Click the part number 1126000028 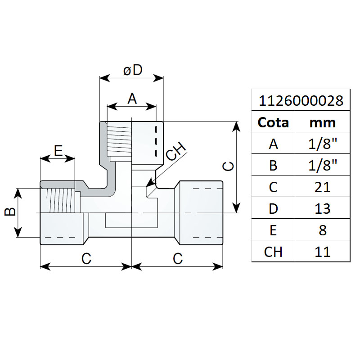click(301, 100)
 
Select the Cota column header click(273, 122)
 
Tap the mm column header click(323, 122)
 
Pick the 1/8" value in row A click(323, 144)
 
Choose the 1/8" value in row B click(323, 165)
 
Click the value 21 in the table click(323, 187)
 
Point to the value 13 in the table click(323, 208)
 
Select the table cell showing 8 click(323, 230)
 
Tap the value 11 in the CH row click(323, 251)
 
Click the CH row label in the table click(273, 251)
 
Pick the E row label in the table click(273, 230)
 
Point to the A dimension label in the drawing click(132, 99)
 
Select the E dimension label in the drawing click(58, 151)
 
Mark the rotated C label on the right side click(229, 166)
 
